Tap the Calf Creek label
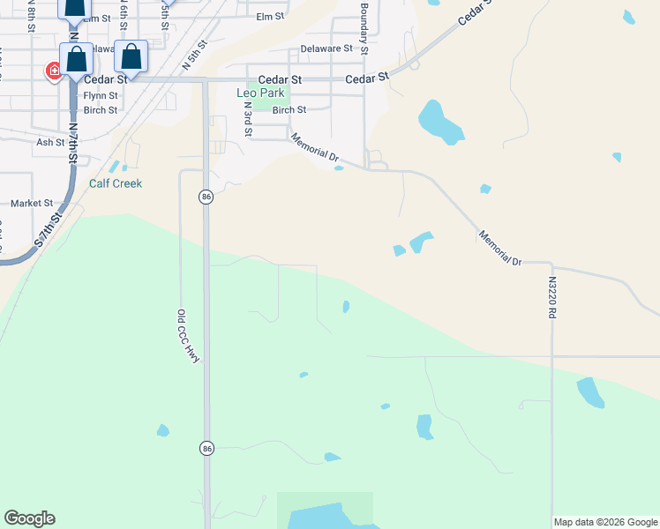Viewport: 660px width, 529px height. (116, 183)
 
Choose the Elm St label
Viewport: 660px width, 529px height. (270, 17)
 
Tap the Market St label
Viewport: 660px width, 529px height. (32, 203)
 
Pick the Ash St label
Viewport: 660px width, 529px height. (50, 142)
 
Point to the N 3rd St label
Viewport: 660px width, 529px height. (249, 119)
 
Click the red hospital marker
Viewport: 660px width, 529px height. (54, 71)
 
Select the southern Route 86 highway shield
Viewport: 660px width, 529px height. (206, 448)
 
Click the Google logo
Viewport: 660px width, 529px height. (29, 518)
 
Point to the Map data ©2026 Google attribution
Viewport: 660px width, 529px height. (605, 522)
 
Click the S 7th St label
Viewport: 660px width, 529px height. (50, 230)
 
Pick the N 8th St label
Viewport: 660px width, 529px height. (32, 16)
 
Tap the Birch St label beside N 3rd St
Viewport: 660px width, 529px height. (289, 110)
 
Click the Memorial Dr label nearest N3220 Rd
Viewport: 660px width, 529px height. (501, 248)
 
